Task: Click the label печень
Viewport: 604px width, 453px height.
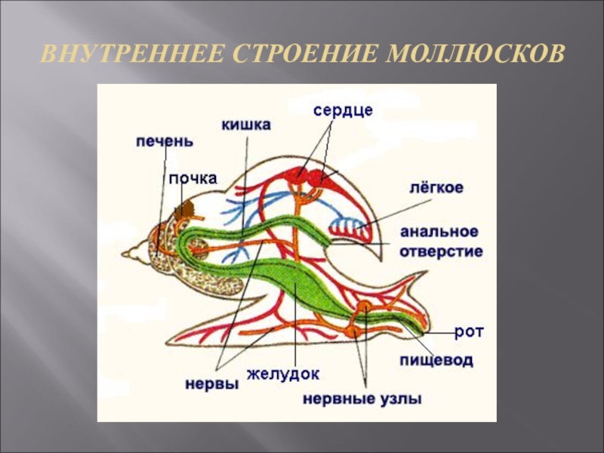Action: pyautogui.click(x=165, y=142)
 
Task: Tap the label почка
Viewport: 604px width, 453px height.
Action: pyautogui.click(x=193, y=178)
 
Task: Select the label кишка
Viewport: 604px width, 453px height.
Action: pyautogui.click(x=246, y=125)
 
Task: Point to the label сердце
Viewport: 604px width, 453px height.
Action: pyautogui.click(x=344, y=110)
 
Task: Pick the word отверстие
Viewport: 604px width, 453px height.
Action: pyautogui.click(x=441, y=251)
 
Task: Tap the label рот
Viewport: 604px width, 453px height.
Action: pyautogui.click(x=469, y=331)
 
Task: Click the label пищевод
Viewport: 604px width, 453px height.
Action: pyautogui.click(x=437, y=361)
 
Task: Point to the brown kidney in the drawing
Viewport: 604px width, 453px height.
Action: pyautogui.click(x=182, y=210)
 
